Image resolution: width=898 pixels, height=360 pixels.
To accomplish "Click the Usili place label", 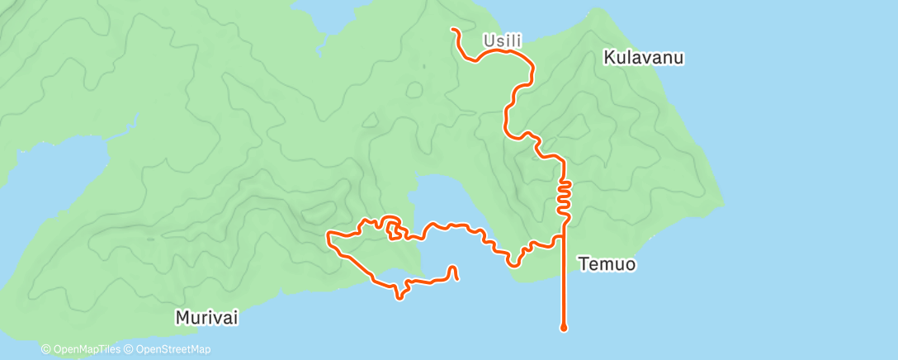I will point(502,39).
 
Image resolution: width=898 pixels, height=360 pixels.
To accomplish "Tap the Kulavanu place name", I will point(645,59).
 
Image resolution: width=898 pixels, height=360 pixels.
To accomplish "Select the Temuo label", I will point(607,265).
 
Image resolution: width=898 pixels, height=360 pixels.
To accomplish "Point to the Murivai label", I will point(206,317).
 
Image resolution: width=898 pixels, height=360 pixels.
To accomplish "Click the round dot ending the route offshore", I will point(564,328).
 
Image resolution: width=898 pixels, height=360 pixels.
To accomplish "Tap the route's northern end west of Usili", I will point(452,30).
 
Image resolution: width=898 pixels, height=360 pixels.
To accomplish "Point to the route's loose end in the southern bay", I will point(457,278).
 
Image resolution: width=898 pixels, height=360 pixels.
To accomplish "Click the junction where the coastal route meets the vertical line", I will point(564,236).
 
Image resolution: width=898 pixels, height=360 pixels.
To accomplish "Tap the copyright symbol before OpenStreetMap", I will point(130,350).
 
